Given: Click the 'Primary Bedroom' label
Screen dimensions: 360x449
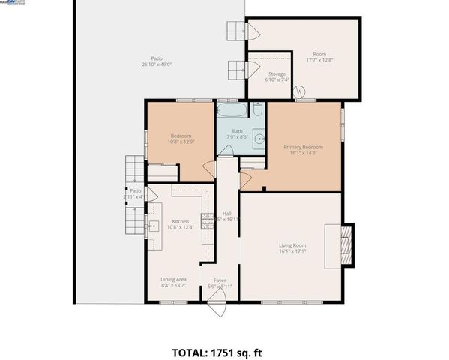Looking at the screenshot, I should pyautogui.click(x=303, y=147).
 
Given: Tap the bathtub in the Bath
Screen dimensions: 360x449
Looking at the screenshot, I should pyautogui.click(x=233, y=111).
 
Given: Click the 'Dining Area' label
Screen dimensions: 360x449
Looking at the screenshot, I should pyautogui.click(x=172, y=279).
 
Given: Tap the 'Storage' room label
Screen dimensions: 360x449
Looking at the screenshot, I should pyautogui.click(x=276, y=73).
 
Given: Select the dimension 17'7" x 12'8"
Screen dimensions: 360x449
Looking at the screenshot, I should pyautogui.click(x=319, y=61).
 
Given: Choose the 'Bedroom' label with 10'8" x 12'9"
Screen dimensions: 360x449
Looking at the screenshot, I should pyautogui.click(x=181, y=136).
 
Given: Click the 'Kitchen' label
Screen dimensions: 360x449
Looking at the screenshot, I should pyautogui.click(x=181, y=221).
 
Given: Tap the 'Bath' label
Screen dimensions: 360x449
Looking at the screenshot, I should pyautogui.click(x=237, y=130).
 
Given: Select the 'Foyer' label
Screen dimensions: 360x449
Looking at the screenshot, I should pyautogui.click(x=220, y=280).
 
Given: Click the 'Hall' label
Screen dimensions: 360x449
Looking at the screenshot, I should pyautogui.click(x=226, y=214).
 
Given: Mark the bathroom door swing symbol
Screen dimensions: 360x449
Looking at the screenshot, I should pyautogui.click(x=225, y=150).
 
